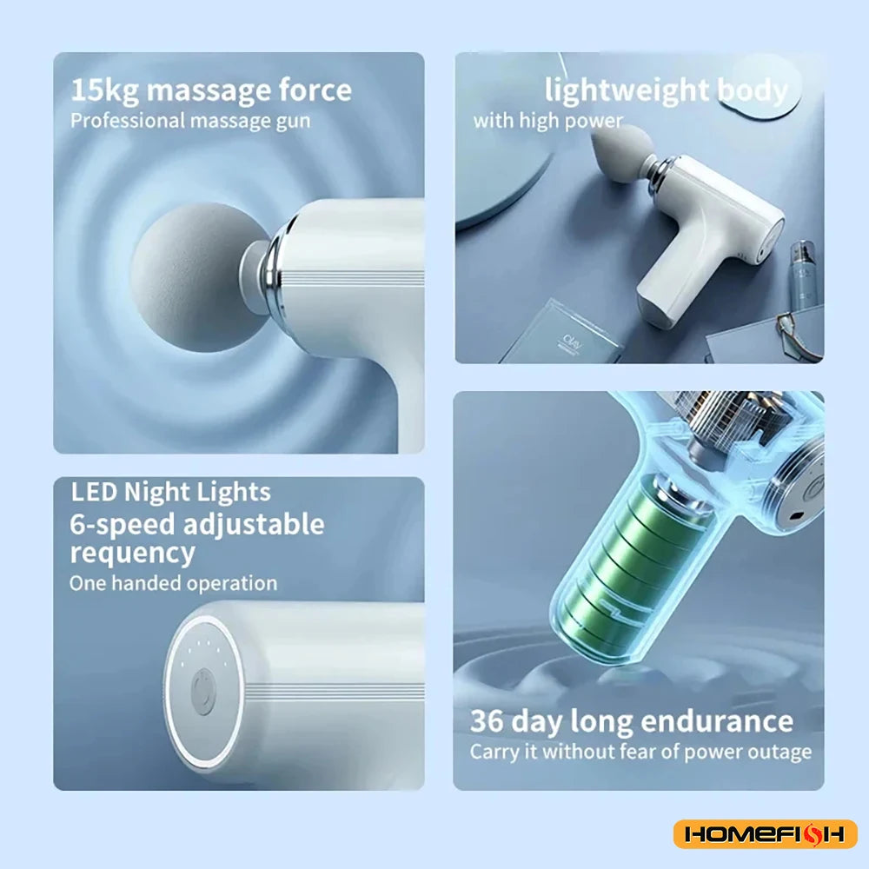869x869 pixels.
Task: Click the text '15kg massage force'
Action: point(211,90)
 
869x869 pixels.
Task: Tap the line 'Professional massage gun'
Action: point(189,120)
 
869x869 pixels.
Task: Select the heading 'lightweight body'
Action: point(666,90)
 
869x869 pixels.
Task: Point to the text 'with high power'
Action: point(547,121)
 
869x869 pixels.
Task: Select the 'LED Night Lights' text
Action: point(170,492)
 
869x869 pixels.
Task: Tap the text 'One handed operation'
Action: point(173,583)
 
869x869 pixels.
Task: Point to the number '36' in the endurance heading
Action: point(487,721)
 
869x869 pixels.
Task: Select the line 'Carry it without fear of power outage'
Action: point(640,752)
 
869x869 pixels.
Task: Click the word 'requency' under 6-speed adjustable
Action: point(132,553)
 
